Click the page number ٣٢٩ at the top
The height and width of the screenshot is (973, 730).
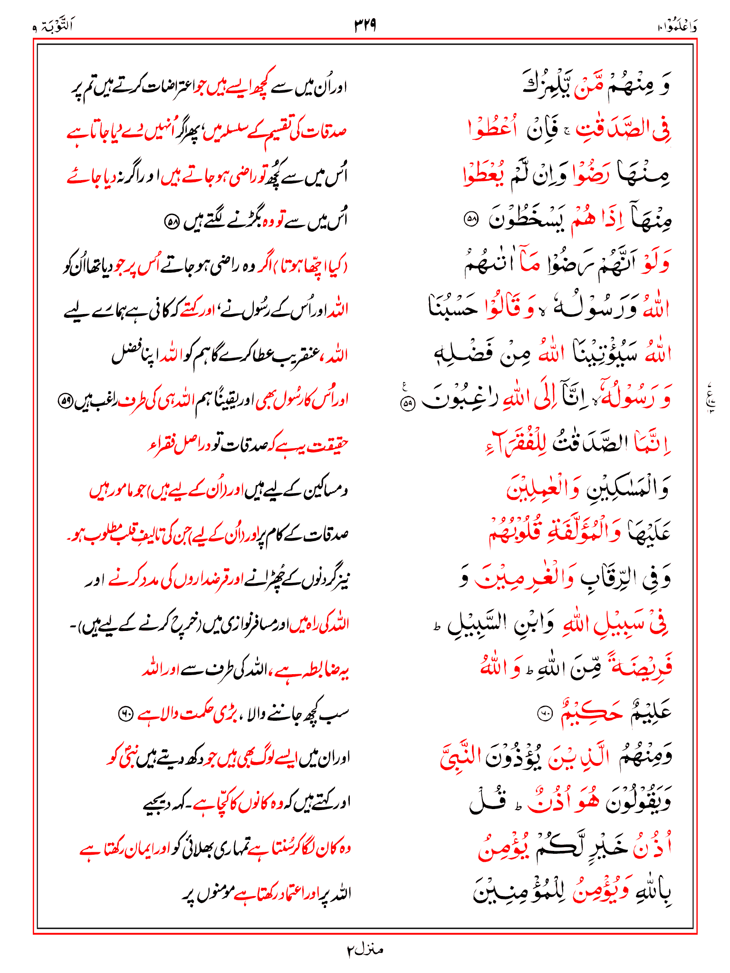click(365, 25)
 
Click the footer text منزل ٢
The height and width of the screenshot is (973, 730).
click(365, 949)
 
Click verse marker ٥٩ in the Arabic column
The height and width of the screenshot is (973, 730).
click(408, 404)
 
